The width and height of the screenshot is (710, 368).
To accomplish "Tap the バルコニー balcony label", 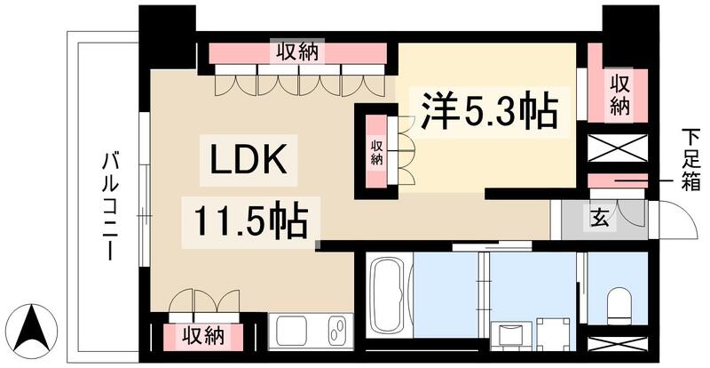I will (110, 205).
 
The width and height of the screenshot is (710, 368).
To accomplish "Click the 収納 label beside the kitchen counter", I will (201, 336).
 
